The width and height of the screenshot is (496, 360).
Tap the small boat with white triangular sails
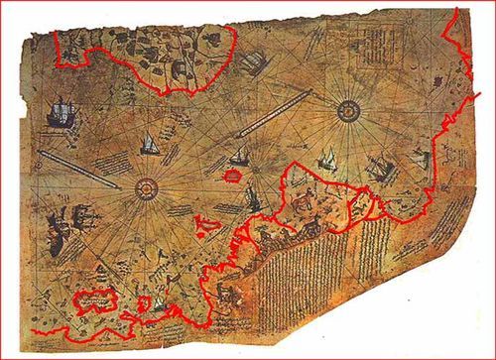(149, 144)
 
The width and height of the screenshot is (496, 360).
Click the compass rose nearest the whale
(145, 186)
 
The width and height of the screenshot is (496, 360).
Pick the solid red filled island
(232, 176)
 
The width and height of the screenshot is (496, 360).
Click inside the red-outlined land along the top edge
(149, 50)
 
